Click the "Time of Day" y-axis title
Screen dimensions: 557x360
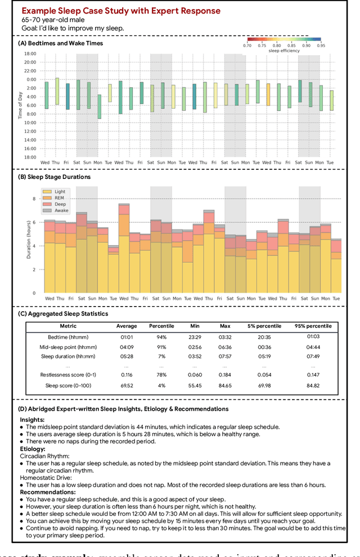click(x=20, y=105)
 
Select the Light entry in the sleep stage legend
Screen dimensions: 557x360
click(x=60, y=192)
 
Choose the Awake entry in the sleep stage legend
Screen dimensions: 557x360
click(x=61, y=210)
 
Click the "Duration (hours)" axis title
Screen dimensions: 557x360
click(x=29, y=241)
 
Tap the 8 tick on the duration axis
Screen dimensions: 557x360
click(x=34, y=199)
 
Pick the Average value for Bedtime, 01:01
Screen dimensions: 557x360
click(x=127, y=336)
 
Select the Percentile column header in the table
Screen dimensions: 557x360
click(x=161, y=326)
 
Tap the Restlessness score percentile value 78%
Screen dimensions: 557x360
click(x=161, y=375)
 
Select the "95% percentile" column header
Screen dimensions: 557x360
click(x=313, y=326)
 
